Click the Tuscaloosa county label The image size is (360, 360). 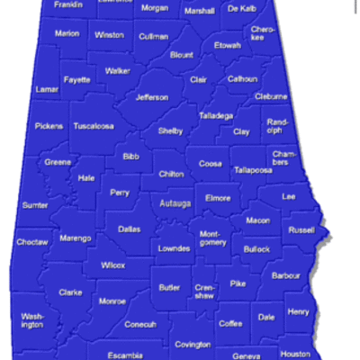pyautogui.click(x=94, y=126)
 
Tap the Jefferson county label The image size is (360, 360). pyautogui.click(x=151, y=97)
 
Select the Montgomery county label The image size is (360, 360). pyautogui.click(x=212, y=238)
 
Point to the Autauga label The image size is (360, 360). pyautogui.click(x=175, y=204)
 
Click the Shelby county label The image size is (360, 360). pyautogui.click(x=170, y=130)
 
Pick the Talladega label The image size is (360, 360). pyautogui.click(x=215, y=115)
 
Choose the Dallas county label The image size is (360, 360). pyautogui.click(x=130, y=229)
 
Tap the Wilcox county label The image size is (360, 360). pyautogui.click(x=113, y=265)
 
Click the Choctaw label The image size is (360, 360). pyautogui.click(x=32, y=242)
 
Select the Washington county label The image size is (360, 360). pyautogui.click(x=32, y=320)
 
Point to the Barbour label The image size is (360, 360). pyautogui.click(x=285, y=274)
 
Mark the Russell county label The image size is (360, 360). pyautogui.click(x=301, y=229)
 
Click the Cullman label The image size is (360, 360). pyautogui.click(x=153, y=36)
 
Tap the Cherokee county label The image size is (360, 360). pyautogui.click(x=263, y=33)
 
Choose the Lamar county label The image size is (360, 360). pyautogui.click(x=46, y=89)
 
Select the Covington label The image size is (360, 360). pyautogui.click(x=193, y=344)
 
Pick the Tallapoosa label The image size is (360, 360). pyautogui.click(x=253, y=169)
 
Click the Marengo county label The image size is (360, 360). pyautogui.click(x=76, y=238)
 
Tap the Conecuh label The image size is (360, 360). pyautogui.click(x=140, y=324)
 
